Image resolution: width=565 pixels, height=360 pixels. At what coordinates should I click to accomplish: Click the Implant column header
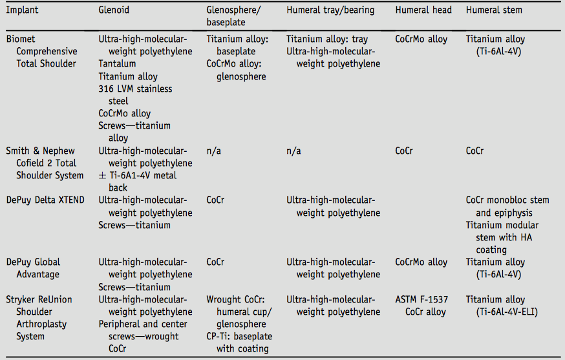(24, 10)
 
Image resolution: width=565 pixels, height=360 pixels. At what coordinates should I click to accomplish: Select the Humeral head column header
(423, 10)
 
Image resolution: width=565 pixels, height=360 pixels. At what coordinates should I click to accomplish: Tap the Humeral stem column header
(494, 10)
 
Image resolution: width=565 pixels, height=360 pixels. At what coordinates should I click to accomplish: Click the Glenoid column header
(115, 10)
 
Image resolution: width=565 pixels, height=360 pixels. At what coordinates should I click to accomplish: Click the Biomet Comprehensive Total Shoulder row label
(41, 51)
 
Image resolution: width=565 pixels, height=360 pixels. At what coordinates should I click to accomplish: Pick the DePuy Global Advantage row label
(34, 268)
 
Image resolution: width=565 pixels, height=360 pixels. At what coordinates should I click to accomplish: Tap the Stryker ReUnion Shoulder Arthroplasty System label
(39, 318)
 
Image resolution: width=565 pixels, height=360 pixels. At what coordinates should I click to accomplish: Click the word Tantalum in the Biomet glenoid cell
(118, 64)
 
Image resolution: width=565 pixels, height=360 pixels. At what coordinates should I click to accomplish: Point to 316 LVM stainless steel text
(136, 94)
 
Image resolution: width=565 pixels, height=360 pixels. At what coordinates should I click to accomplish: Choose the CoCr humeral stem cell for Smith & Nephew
(475, 151)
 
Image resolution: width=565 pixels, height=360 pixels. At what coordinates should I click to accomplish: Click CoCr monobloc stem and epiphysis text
(507, 206)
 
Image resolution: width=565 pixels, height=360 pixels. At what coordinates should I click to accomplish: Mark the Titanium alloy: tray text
(327, 39)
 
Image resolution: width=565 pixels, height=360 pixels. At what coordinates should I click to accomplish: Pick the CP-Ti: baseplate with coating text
(240, 343)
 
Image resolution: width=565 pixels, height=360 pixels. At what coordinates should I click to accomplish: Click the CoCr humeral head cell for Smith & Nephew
(405, 151)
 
